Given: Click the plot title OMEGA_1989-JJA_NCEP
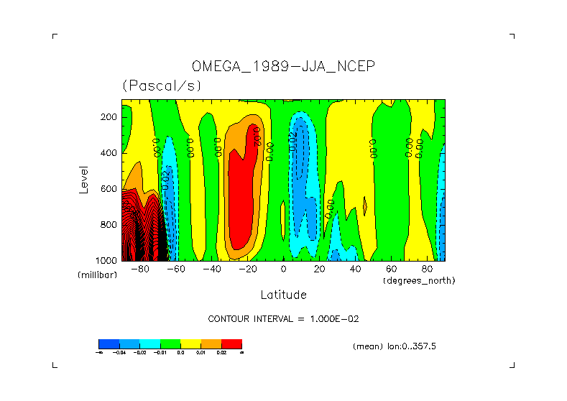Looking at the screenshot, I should tap(283, 66).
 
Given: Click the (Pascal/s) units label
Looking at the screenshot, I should tap(162, 86).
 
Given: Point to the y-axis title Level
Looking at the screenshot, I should tap(84, 178).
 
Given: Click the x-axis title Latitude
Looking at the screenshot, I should tap(283, 295).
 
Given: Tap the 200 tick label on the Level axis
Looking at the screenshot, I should tap(109, 117).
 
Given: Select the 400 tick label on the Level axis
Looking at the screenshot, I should tap(109, 153).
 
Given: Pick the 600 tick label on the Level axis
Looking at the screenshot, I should tap(109, 189).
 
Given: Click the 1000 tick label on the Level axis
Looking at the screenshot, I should tap(107, 260).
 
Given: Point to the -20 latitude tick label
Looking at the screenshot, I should tap(246, 269).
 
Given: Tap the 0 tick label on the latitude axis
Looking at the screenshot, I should tap(284, 269).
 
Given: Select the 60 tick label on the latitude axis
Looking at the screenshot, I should tap(391, 269).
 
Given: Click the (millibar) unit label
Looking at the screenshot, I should tap(97, 276).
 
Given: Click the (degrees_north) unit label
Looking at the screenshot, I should tap(419, 280).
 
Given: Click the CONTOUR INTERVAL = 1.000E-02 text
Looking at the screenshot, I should tap(283, 318).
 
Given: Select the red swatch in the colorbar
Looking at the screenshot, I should tap(231, 344).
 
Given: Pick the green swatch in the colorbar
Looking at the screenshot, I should tap(170, 344).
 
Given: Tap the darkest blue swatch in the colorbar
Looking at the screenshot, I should tap(109, 344).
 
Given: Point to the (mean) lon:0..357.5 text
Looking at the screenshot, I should tap(395, 346).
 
